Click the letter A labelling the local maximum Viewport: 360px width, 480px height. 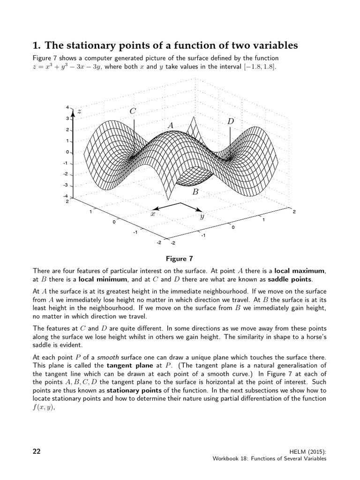pos(170,126)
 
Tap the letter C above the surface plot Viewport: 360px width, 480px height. pos(133,111)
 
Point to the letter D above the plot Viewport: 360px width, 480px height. pos(231,121)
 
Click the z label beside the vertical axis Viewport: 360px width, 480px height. pos(80,111)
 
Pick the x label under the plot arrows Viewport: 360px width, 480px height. pos(152,214)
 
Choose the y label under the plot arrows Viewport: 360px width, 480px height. pos(202,217)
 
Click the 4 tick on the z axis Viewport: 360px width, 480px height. pos(67,108)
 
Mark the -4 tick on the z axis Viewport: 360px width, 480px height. pos(66,196)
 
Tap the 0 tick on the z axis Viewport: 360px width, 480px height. pos(67,152)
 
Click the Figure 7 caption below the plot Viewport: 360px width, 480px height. pos(180,258)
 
